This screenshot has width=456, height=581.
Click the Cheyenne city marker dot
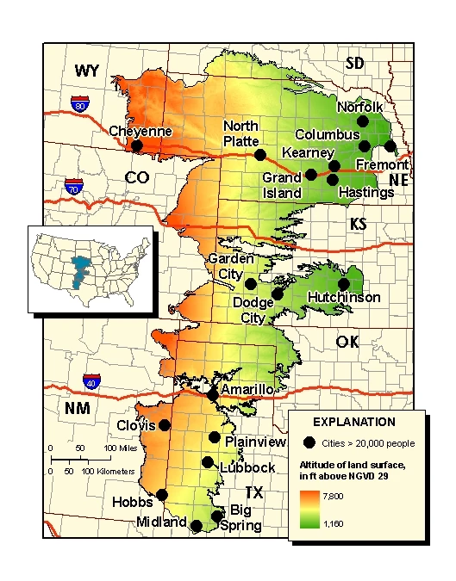[x=136, y=146]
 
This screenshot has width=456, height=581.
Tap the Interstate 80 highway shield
[x=80, y=106]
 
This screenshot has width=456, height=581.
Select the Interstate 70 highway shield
[x=73, y=186]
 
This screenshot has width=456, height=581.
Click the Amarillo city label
[x=247, y=390]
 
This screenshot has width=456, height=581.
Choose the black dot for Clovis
[x=165, y=425]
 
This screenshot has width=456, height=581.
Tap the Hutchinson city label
[x=343, y=297]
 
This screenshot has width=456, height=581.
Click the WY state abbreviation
[x=88, y=71]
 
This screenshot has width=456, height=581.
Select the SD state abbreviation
[x=354, y=62]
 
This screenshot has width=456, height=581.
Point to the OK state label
[x=347, y=342]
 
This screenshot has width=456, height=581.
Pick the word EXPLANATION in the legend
[x=353, y=423]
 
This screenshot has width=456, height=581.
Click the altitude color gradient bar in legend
[x=307, y=508]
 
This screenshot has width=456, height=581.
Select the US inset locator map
[x=91, y=269]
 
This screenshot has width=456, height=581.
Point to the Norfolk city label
[x=359, y=108]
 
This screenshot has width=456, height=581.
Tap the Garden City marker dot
[x=250, y=284]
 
